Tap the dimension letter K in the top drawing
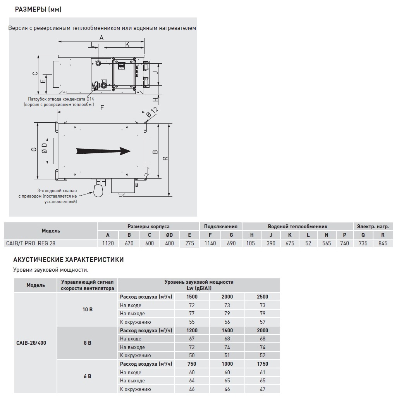127,45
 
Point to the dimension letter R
165,158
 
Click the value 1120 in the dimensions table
108,243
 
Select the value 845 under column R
383,243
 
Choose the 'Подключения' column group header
220,226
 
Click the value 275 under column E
189,243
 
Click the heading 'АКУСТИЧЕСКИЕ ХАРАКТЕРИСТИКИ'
69,260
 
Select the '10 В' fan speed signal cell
87,309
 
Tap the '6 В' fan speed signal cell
87,376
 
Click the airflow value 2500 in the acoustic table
262,297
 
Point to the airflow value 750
192,364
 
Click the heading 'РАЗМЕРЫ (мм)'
38,10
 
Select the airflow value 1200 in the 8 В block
192,330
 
